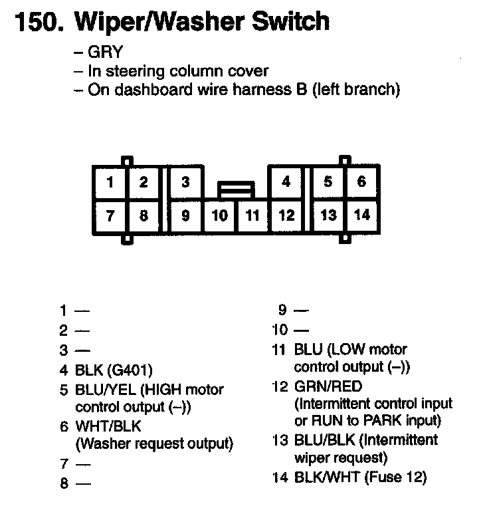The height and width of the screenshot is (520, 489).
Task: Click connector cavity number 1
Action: (x=110, y=183)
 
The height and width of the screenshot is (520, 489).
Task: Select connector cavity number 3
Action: (x=185, y=182)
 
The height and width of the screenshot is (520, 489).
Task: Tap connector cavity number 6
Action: (x=361, y=182)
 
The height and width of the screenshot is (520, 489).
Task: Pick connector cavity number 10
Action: (x=220, y=216)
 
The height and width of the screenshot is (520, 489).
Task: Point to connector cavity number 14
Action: (x=361, y=215)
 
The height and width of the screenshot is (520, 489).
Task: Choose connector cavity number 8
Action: (x=144, y=216)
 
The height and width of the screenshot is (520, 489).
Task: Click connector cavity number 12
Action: (x=286, y=216)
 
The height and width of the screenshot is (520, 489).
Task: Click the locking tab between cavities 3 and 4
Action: (x=237, y=190)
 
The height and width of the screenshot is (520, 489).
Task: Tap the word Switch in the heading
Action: (x=290, y=21)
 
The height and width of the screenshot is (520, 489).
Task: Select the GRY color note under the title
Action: (x=105, y=52)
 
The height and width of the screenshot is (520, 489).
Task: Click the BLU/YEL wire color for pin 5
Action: (x=106, y=390)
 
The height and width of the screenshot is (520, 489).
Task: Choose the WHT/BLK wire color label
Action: (x=108, y=426)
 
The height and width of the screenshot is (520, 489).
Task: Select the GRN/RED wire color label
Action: (x=328, y=386)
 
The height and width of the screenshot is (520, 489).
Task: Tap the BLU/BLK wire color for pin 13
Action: (x=324, y=440)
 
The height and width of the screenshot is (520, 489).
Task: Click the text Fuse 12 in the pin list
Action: (x=395, y=477)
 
